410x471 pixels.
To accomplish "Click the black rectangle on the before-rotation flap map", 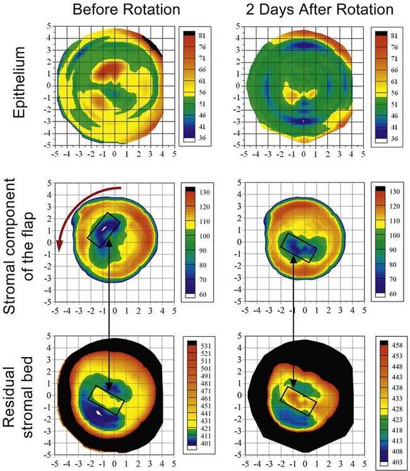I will click(x=103, y=231).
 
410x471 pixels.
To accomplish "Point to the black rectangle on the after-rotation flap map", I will click(x=298, y=247).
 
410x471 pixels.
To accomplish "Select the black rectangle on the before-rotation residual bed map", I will click(x=108, y=400).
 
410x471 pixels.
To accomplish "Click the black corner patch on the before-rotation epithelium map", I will click(x=155, y=45).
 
